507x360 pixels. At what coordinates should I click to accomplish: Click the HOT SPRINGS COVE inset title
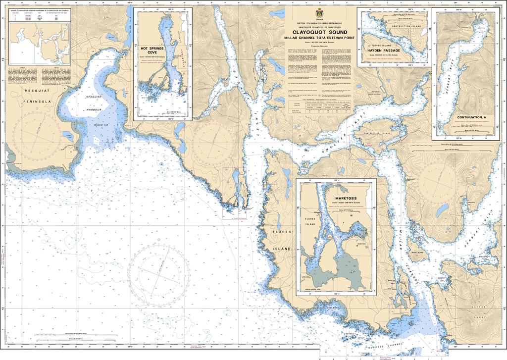click(x=152, y=51)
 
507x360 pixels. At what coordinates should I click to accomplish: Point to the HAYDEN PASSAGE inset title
click(x=384, y=50)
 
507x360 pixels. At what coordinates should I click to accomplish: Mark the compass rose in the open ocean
click(x=158, y=271)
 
